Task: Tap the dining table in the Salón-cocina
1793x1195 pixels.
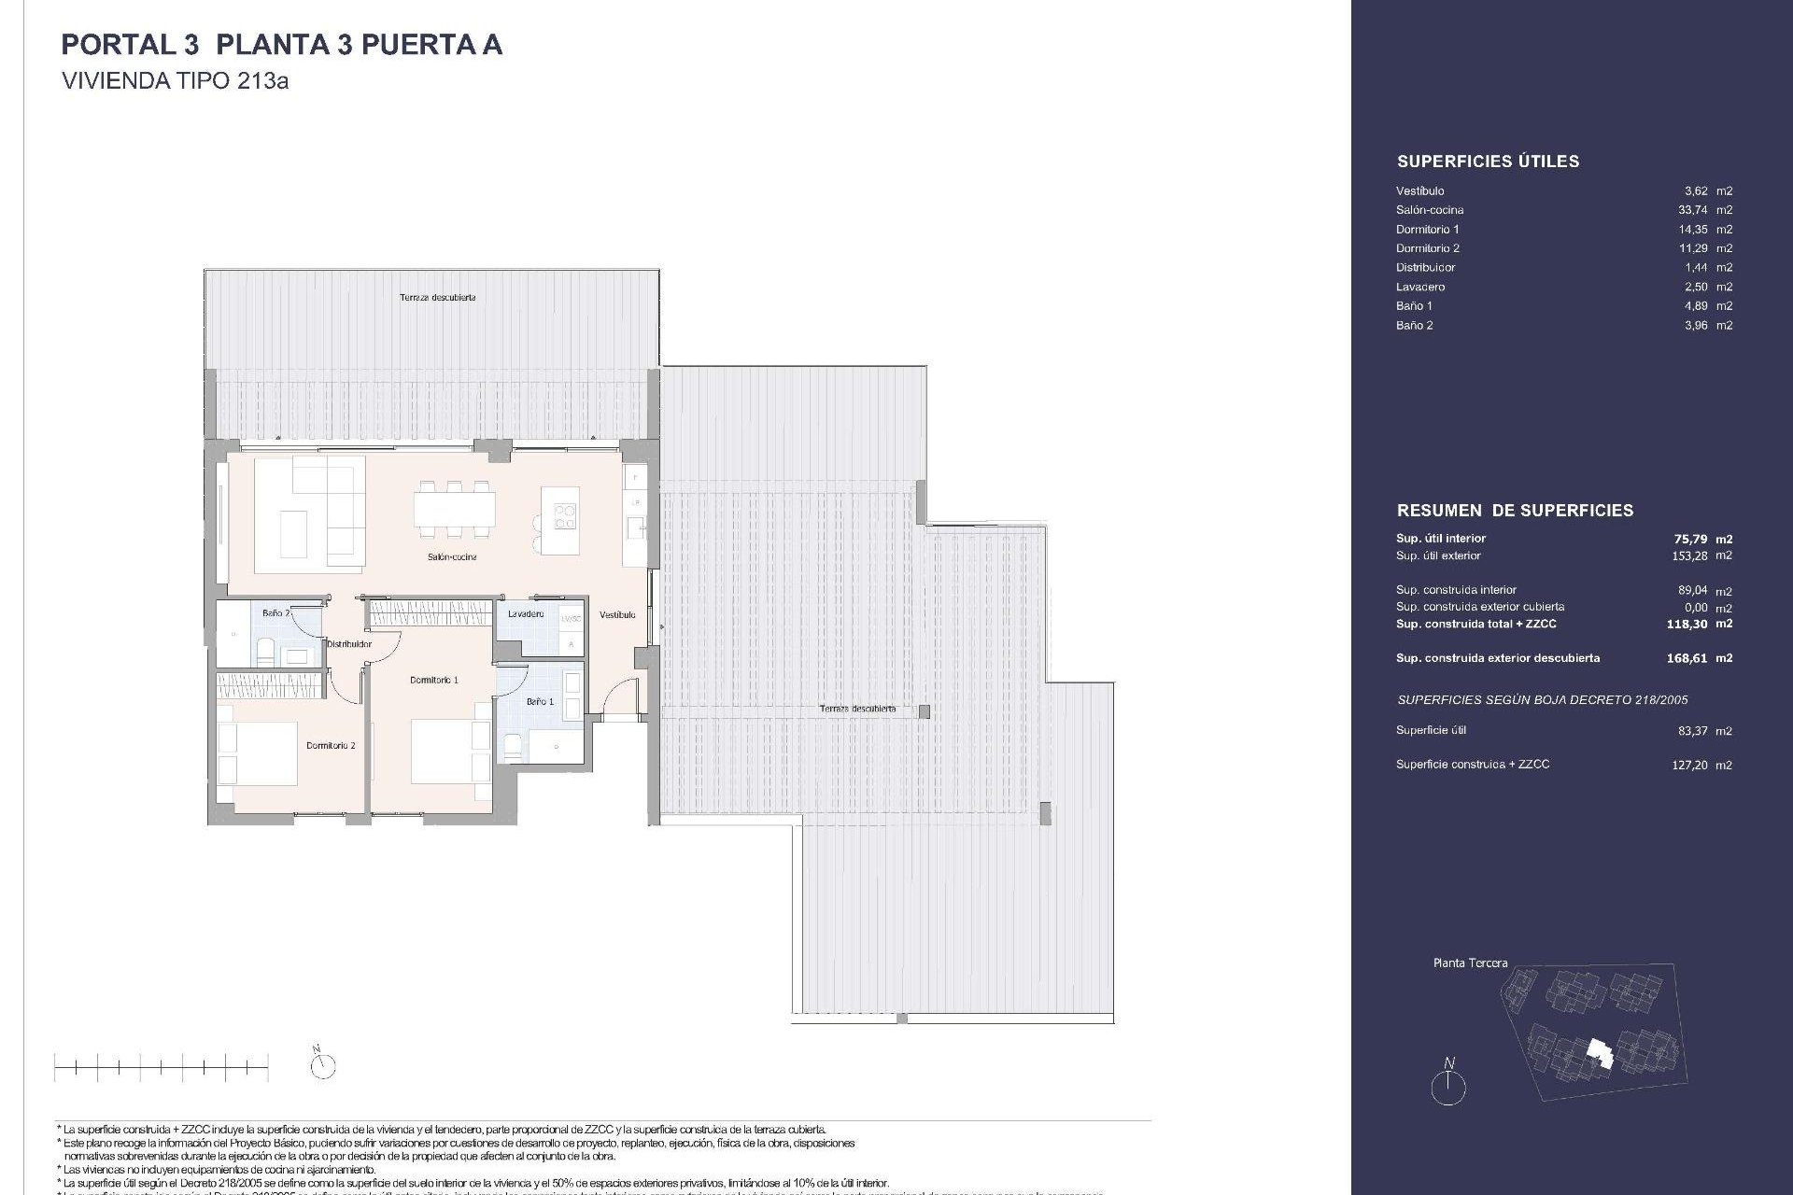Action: (455, 510)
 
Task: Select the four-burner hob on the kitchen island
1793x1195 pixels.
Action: (565, 515)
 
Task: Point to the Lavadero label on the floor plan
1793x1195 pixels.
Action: (526, 614)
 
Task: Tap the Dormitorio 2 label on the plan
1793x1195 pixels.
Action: (331, 746)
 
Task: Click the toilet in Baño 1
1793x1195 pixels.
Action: (513, 744)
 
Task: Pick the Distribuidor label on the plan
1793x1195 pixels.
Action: (349, 644)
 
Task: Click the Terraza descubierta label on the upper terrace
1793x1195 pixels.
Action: (437, 298)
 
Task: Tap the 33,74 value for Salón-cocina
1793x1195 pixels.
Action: (1692, 210)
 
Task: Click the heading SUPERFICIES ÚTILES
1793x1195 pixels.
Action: (1488, 162)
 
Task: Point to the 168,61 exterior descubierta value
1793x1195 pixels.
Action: (1687, 658)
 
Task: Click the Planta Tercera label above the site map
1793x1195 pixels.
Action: (1470, 963)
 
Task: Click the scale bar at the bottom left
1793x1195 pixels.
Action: (161, 1066)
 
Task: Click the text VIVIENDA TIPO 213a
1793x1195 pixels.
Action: (175, 81)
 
